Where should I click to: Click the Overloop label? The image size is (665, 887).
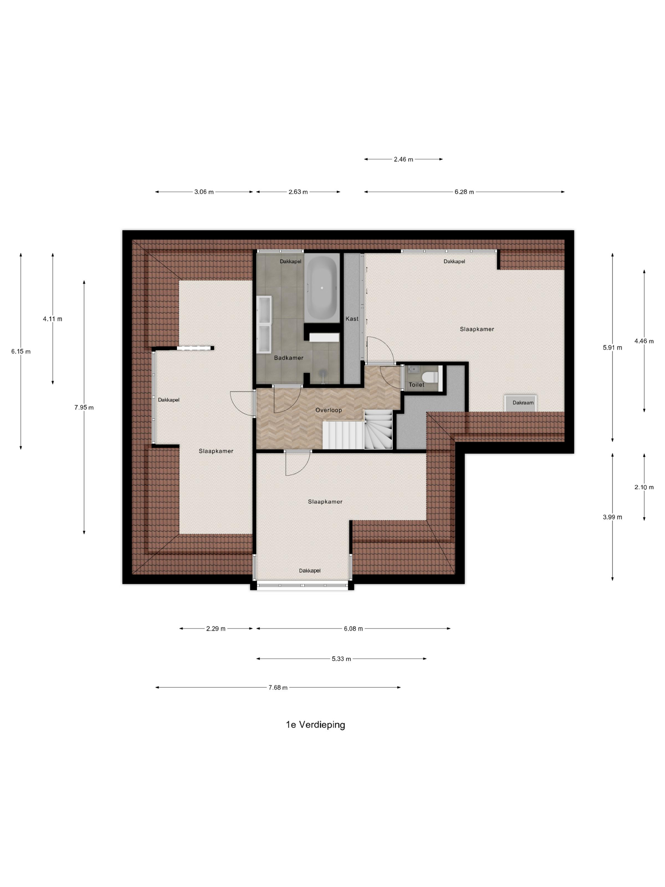[329, 410]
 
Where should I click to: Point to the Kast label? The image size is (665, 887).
[352, 319]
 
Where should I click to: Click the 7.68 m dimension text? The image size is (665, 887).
[278, 687]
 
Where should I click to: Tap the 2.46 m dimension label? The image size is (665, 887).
[403, 159]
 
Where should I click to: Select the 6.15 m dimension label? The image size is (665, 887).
[21, 351]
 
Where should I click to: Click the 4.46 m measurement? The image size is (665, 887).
[644, 341]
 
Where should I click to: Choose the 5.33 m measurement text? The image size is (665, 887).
[341, 658]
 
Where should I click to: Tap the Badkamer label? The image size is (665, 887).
[288, 358]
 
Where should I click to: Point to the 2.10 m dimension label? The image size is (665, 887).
[644, 487]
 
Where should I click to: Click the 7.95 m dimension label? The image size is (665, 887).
[84, 407]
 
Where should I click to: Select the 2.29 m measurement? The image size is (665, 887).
[216, 629]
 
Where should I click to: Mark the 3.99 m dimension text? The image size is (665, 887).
[612, 517]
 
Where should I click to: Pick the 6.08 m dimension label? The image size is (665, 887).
[353, 629]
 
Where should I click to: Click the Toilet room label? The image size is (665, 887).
[416, 385]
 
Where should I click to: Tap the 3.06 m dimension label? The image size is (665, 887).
[204, 192]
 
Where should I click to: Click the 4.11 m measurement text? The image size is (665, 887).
[53, 319]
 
